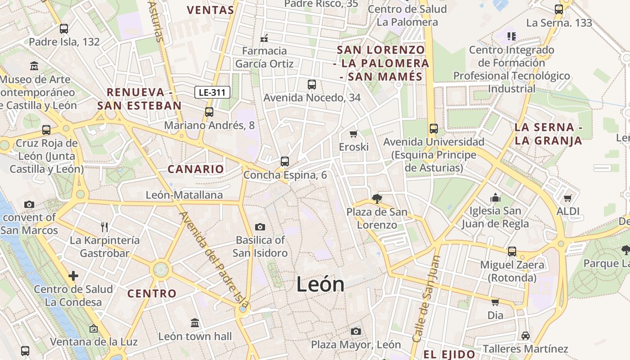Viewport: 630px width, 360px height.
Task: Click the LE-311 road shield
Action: click(213, 93)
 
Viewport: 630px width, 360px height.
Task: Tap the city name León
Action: click(320, 284)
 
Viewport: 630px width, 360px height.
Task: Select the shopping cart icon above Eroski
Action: click(354, 134)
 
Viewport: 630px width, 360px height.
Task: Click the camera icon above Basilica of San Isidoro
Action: click(260, 227)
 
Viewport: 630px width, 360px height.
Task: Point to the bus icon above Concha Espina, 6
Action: click(284, 161)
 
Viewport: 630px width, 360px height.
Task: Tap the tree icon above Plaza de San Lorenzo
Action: click(377, 198)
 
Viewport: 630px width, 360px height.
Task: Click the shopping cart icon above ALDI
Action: click(568, 198)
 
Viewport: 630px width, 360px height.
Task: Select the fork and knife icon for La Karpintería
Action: click(104, 227)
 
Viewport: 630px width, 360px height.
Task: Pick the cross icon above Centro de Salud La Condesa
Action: click(73, 275)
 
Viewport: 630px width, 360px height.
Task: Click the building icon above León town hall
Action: click(195, 323)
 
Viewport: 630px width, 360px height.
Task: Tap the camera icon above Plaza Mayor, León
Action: click(356, 332)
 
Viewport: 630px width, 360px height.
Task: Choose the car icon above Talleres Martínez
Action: click(525, 336)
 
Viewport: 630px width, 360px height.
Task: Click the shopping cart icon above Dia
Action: click(495, 302)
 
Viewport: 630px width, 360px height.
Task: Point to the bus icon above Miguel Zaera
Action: click(512, 251)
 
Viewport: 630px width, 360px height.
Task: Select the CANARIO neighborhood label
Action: click(195, 169)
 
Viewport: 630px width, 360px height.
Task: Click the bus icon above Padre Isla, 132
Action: click(64, 29)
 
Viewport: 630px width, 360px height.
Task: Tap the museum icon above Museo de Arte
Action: click(34, 67)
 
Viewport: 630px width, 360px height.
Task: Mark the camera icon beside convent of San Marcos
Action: click(29, 205)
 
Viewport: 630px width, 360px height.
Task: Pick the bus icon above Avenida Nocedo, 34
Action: click(311, 84)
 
